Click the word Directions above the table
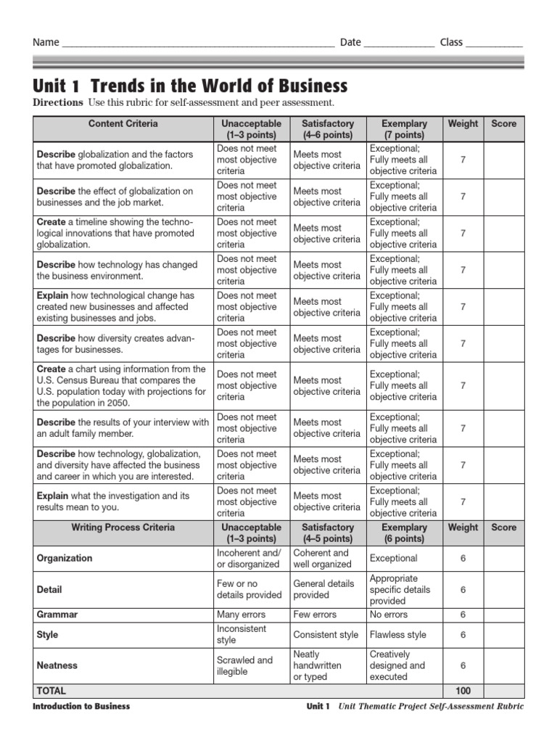click(58, 103)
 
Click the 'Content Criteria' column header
click(123, 124)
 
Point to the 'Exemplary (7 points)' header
click(404, 129)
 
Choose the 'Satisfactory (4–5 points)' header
click(328, 533)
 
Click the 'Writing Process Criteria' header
click(123, 528)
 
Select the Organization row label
click(65, 559)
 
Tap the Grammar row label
click(57, 615)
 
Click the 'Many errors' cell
click(241, 615)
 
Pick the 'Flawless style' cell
click(397, 635)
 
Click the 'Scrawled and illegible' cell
click(244, 665)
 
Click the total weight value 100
click(463, 691)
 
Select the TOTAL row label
click(51, 691)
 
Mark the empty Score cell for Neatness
click(503, 665)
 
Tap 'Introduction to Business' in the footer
click(82, 707)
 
